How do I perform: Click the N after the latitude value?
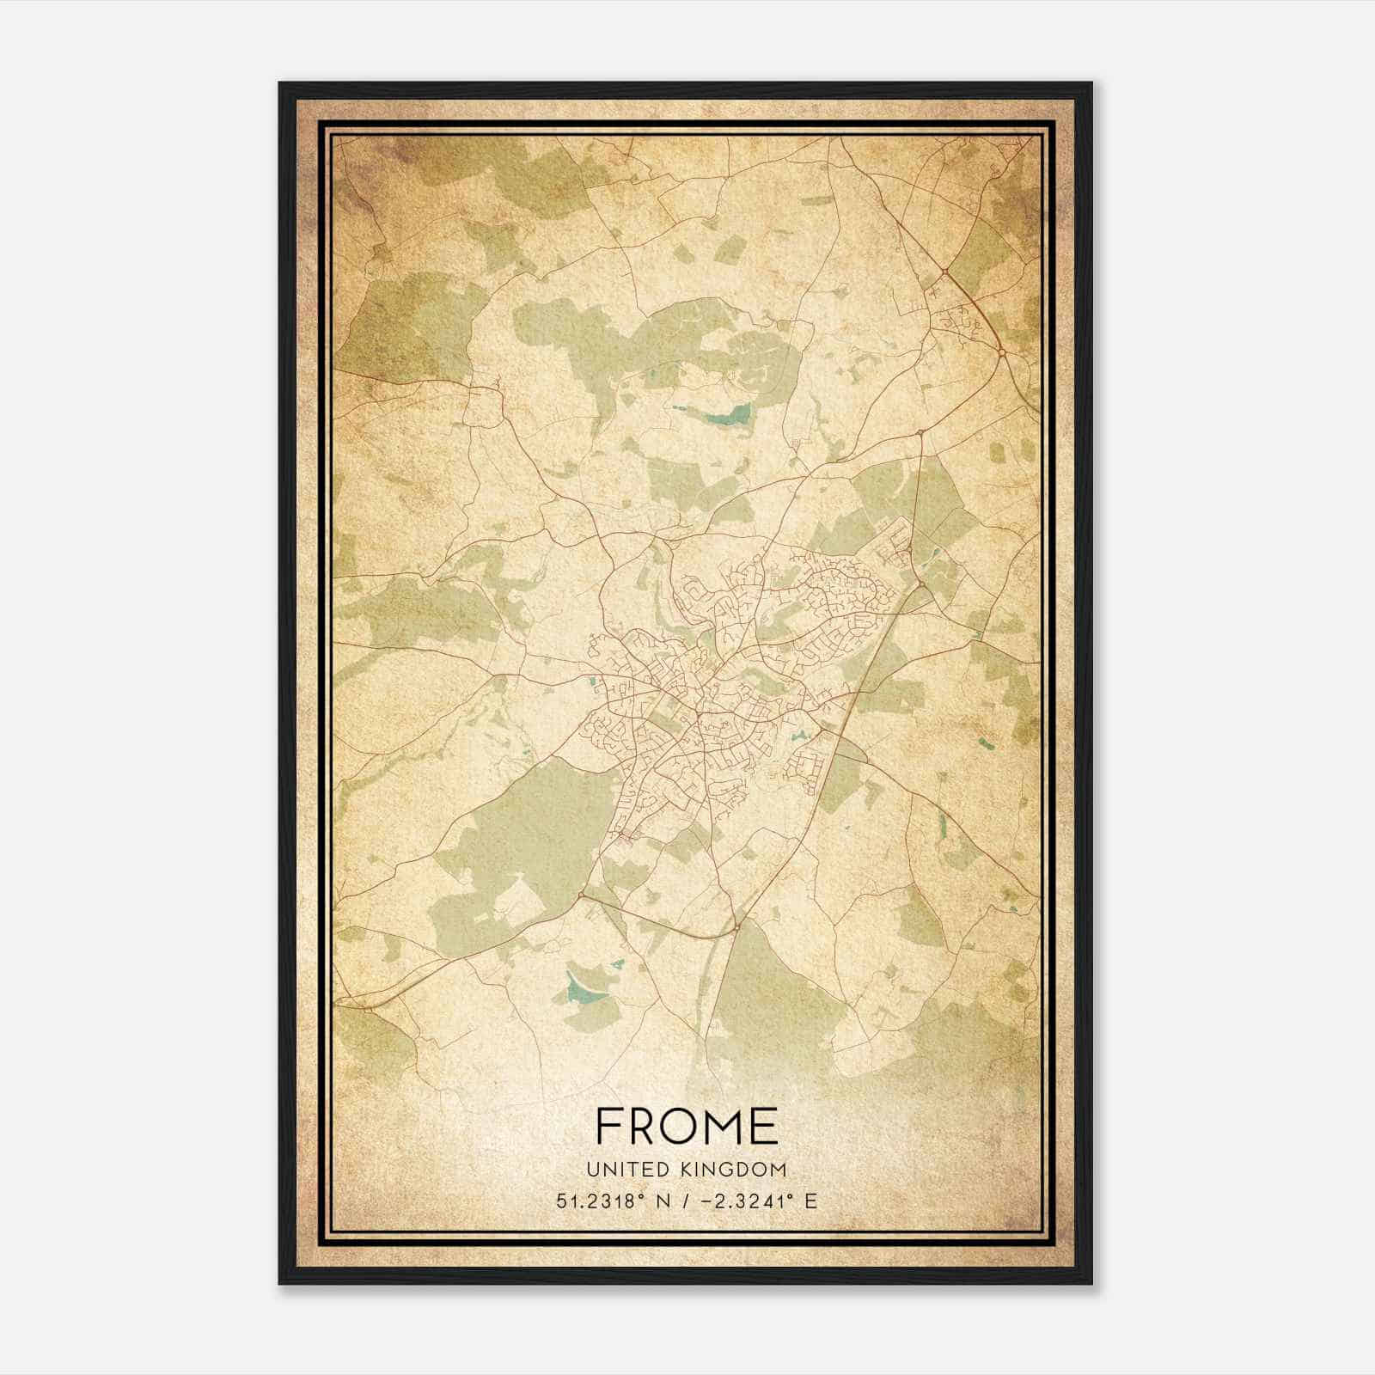663,1201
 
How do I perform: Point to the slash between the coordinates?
683,1201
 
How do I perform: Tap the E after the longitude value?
811,1201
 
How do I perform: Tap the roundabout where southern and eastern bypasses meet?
736,928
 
